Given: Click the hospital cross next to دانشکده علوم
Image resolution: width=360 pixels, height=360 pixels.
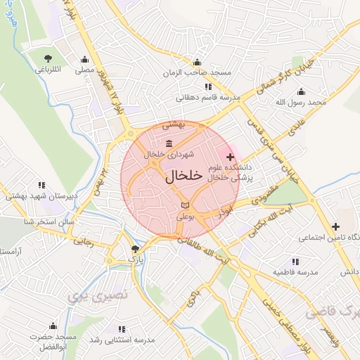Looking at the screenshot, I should [231, 155].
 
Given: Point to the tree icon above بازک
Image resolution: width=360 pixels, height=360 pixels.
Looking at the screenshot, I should [136, 248].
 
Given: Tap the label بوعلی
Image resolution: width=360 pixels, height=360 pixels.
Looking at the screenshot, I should [184, 217].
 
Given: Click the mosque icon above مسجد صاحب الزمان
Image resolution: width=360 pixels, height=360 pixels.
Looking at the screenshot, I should [197, 62].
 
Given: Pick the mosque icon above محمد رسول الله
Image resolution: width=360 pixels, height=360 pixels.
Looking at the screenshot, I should [302, 91].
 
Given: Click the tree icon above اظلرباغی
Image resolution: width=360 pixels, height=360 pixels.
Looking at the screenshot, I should [48, 58].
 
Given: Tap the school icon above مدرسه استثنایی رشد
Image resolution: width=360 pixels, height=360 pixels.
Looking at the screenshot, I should [123, 328].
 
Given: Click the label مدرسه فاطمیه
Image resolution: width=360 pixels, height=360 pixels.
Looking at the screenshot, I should [296, 271].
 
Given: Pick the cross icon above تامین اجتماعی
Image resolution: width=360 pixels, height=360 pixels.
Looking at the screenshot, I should [335, 226].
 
